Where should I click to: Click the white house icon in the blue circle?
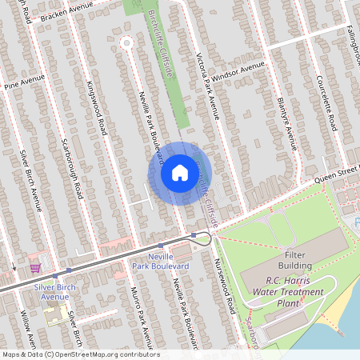tap(180, 173)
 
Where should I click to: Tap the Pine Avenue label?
tap(22, 82)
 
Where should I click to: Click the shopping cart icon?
tap(34, 266)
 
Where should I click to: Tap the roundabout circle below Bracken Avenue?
tap(126, 43)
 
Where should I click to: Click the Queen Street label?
tap(336, 174)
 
